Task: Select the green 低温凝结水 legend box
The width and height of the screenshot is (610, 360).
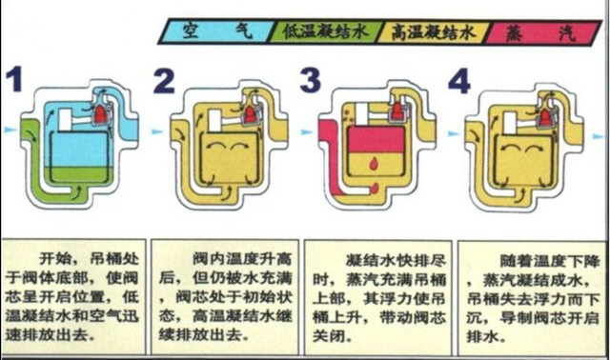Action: click(x=324, y=30)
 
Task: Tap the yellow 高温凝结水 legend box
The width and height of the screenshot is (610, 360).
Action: click(x=433, y=30)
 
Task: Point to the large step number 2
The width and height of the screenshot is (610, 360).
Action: click(x=165, y=82)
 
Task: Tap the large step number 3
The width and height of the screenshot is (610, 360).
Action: click(x=310, y=82)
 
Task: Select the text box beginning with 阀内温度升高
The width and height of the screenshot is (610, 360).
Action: click(x=226, y=291)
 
